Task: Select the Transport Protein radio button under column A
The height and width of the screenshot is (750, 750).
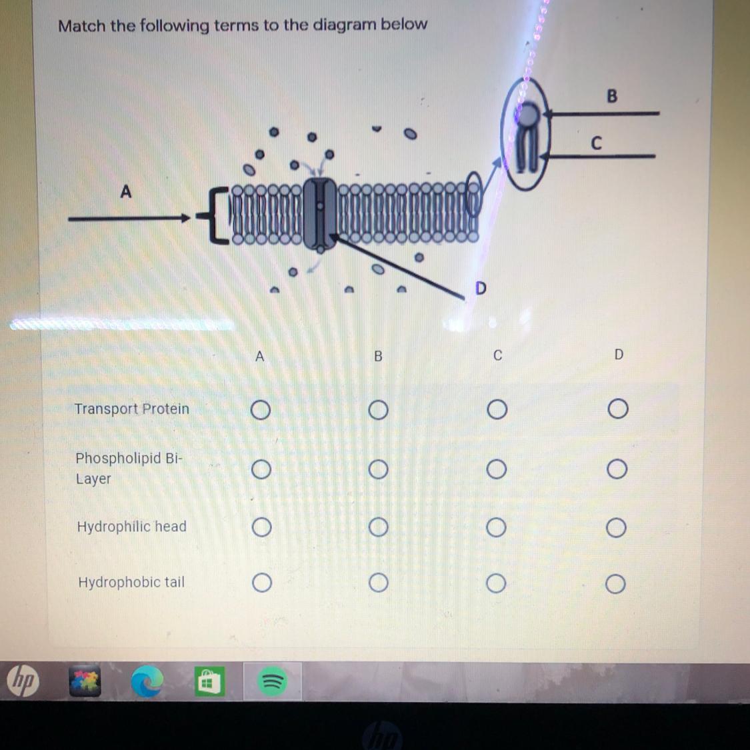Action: coord(261,410)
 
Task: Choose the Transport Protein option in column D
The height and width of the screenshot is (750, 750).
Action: coord(618,409)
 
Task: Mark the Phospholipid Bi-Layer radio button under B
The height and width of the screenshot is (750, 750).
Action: coord(379,469)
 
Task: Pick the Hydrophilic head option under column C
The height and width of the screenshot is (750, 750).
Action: coord(496,527)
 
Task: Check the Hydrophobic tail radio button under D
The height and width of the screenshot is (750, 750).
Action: coord(615,584)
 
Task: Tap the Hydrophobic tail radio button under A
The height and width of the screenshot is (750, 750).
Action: coord(262,583)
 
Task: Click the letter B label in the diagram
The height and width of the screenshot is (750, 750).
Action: coord(612,96)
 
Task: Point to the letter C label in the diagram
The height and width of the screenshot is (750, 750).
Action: coord(596,143)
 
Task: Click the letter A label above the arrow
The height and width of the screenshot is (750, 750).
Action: coord(125,192)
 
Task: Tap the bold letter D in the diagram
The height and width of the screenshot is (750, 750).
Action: coord(481,288)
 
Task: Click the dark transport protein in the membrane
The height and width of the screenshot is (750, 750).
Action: coord(320,214)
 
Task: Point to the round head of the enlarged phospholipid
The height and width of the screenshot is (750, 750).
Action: coord(527,115)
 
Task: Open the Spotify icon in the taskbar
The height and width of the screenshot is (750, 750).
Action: coord(272,681)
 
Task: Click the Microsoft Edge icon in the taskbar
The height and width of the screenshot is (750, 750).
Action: coord(147,681)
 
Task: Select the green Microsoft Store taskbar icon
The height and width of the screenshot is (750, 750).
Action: coord(209,681)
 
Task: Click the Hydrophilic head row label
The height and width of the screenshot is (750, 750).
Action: coord(131,526)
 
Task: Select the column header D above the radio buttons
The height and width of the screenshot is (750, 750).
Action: coord(619,355)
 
